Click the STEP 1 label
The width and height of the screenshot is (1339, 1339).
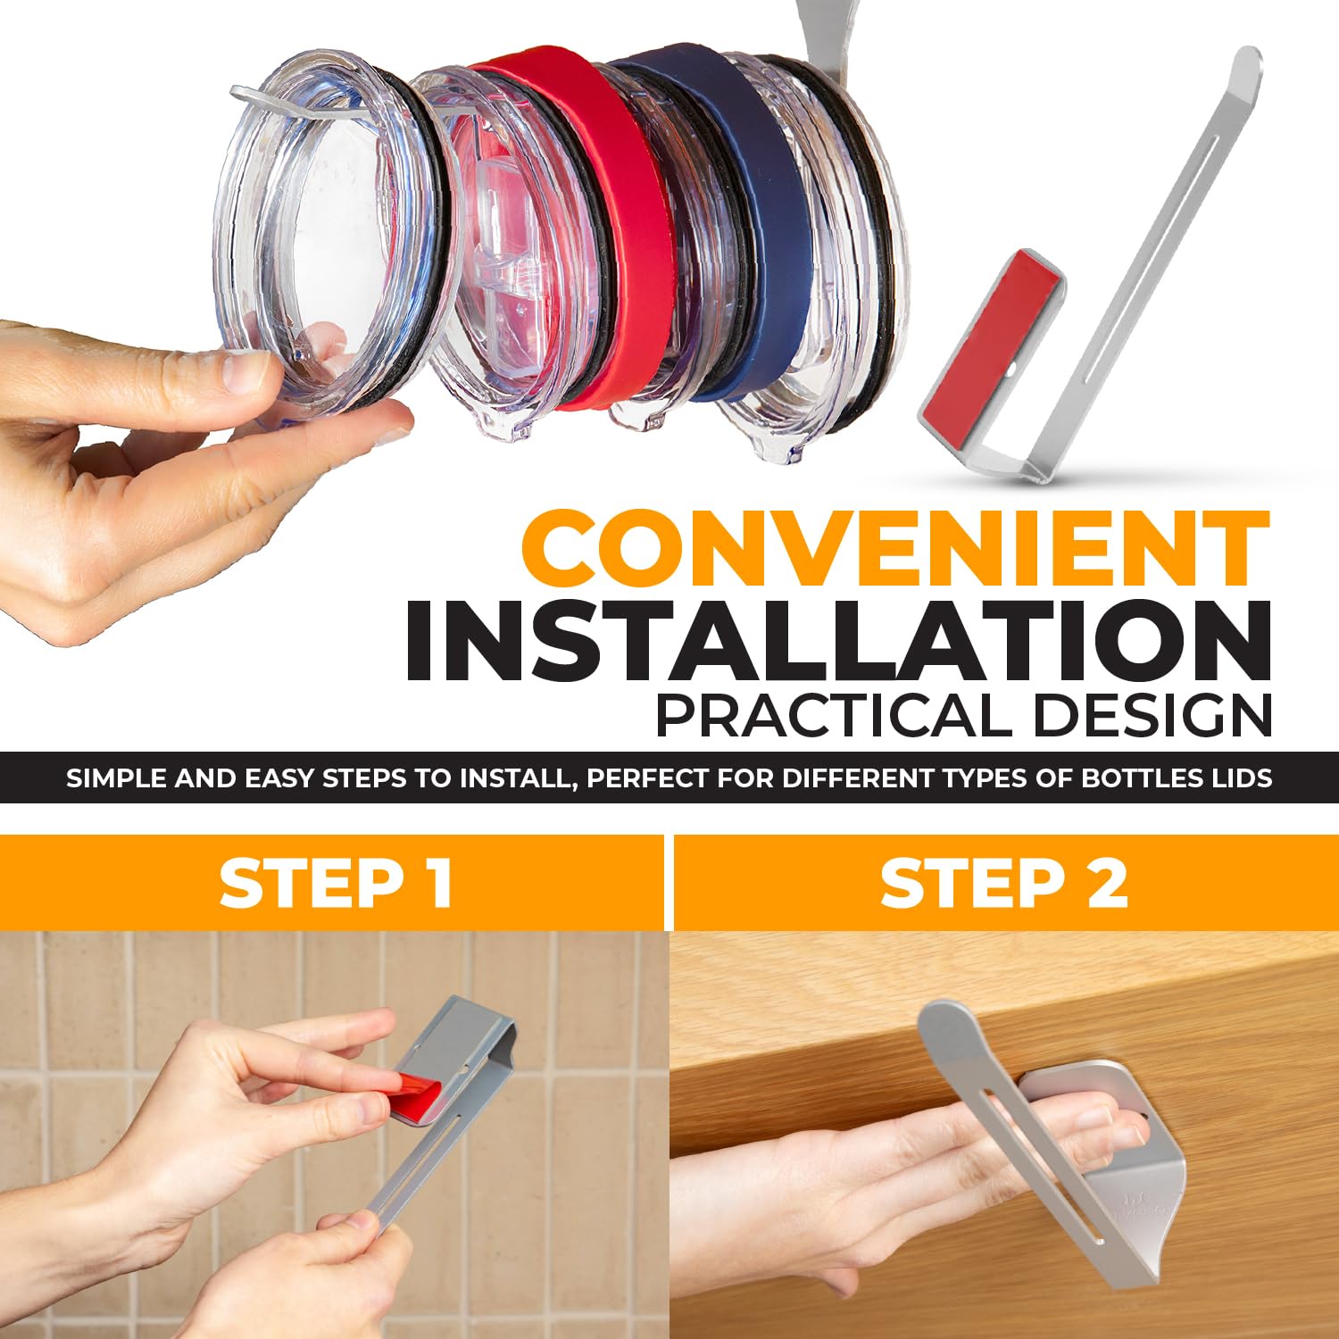[x=336, y=884]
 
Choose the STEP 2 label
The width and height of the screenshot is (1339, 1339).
[x=1003, y=884]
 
